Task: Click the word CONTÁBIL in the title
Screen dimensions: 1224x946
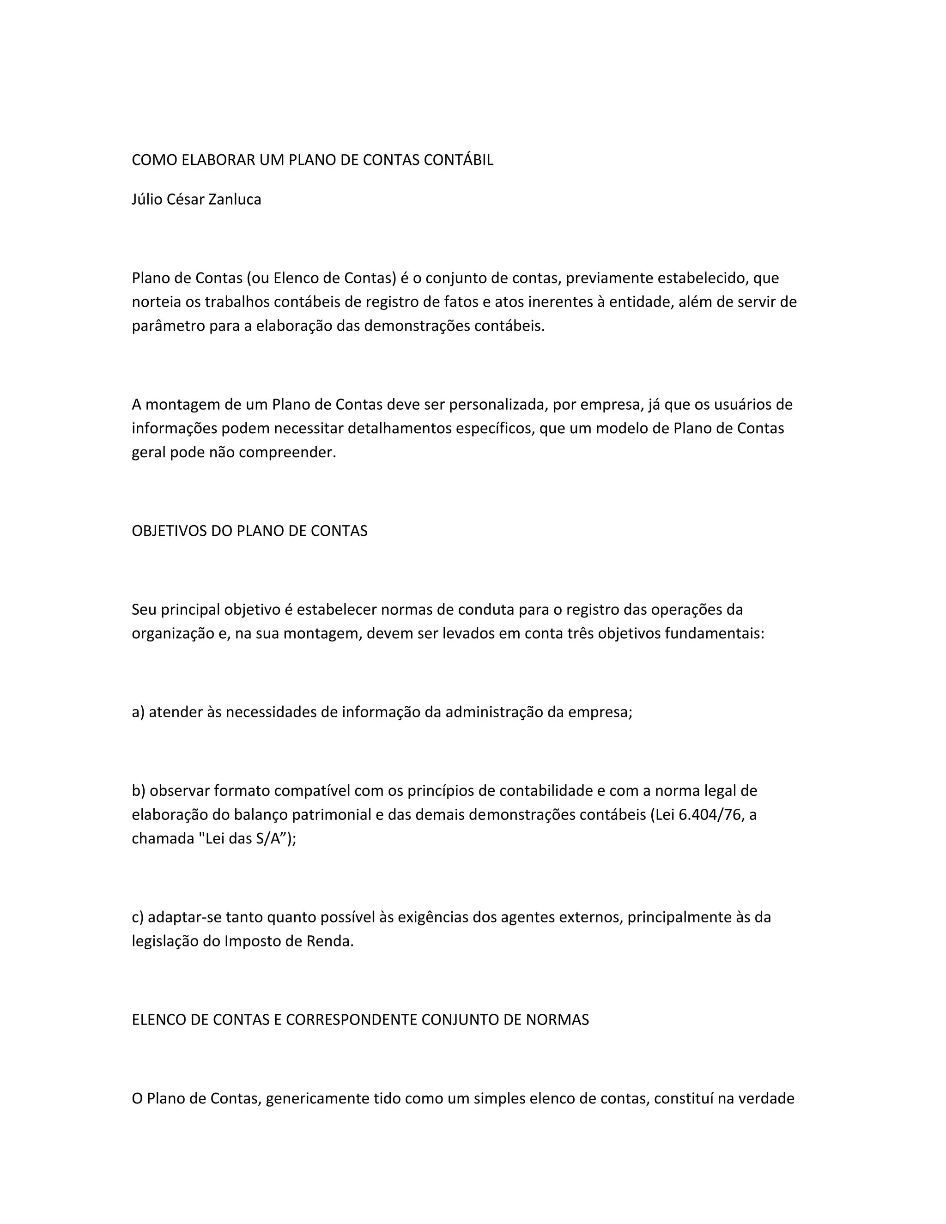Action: tap(458, 160)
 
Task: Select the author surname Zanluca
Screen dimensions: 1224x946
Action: tap(234, 200)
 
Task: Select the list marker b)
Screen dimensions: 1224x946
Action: tap(139, 791)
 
